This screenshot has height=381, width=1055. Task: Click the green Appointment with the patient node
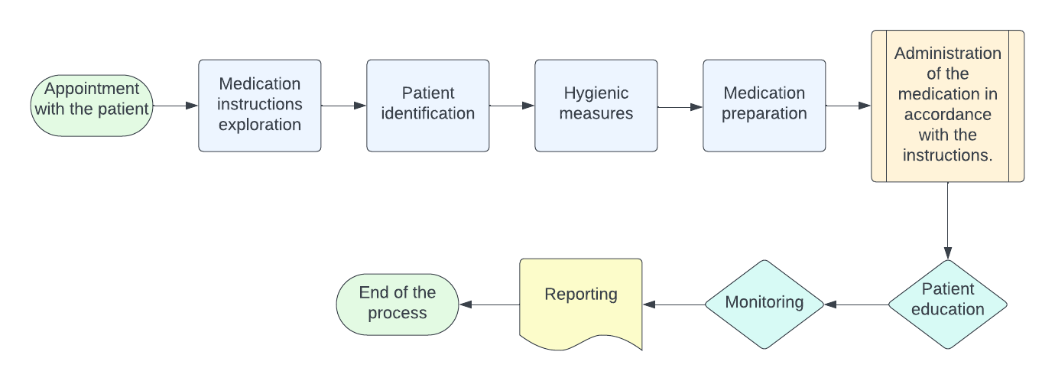(92, 106)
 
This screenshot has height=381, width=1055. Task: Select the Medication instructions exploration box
(260, 106)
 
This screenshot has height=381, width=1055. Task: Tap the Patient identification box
(428, 106)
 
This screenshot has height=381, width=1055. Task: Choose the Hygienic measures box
(596, 106)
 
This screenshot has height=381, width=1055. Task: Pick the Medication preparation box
(764, 106)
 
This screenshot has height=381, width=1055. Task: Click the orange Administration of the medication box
(948, 106)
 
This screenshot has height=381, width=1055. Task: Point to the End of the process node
(398, 304)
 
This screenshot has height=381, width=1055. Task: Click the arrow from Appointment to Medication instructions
(176, 106)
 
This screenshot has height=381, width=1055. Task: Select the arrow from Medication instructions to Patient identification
(344, 106)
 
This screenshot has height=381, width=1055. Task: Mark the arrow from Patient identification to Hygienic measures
(512, 106)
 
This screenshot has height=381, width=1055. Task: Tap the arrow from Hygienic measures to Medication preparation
(680, 107)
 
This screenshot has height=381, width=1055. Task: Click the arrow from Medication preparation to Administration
(849, 106)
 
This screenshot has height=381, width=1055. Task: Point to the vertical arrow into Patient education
(948, 222)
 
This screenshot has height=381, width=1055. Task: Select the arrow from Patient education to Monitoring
(856, 304)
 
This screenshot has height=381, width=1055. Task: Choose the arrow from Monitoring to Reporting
(673, 304)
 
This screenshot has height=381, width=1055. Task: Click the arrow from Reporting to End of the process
(489, 304)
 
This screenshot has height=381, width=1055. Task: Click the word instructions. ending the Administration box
(948, 155)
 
